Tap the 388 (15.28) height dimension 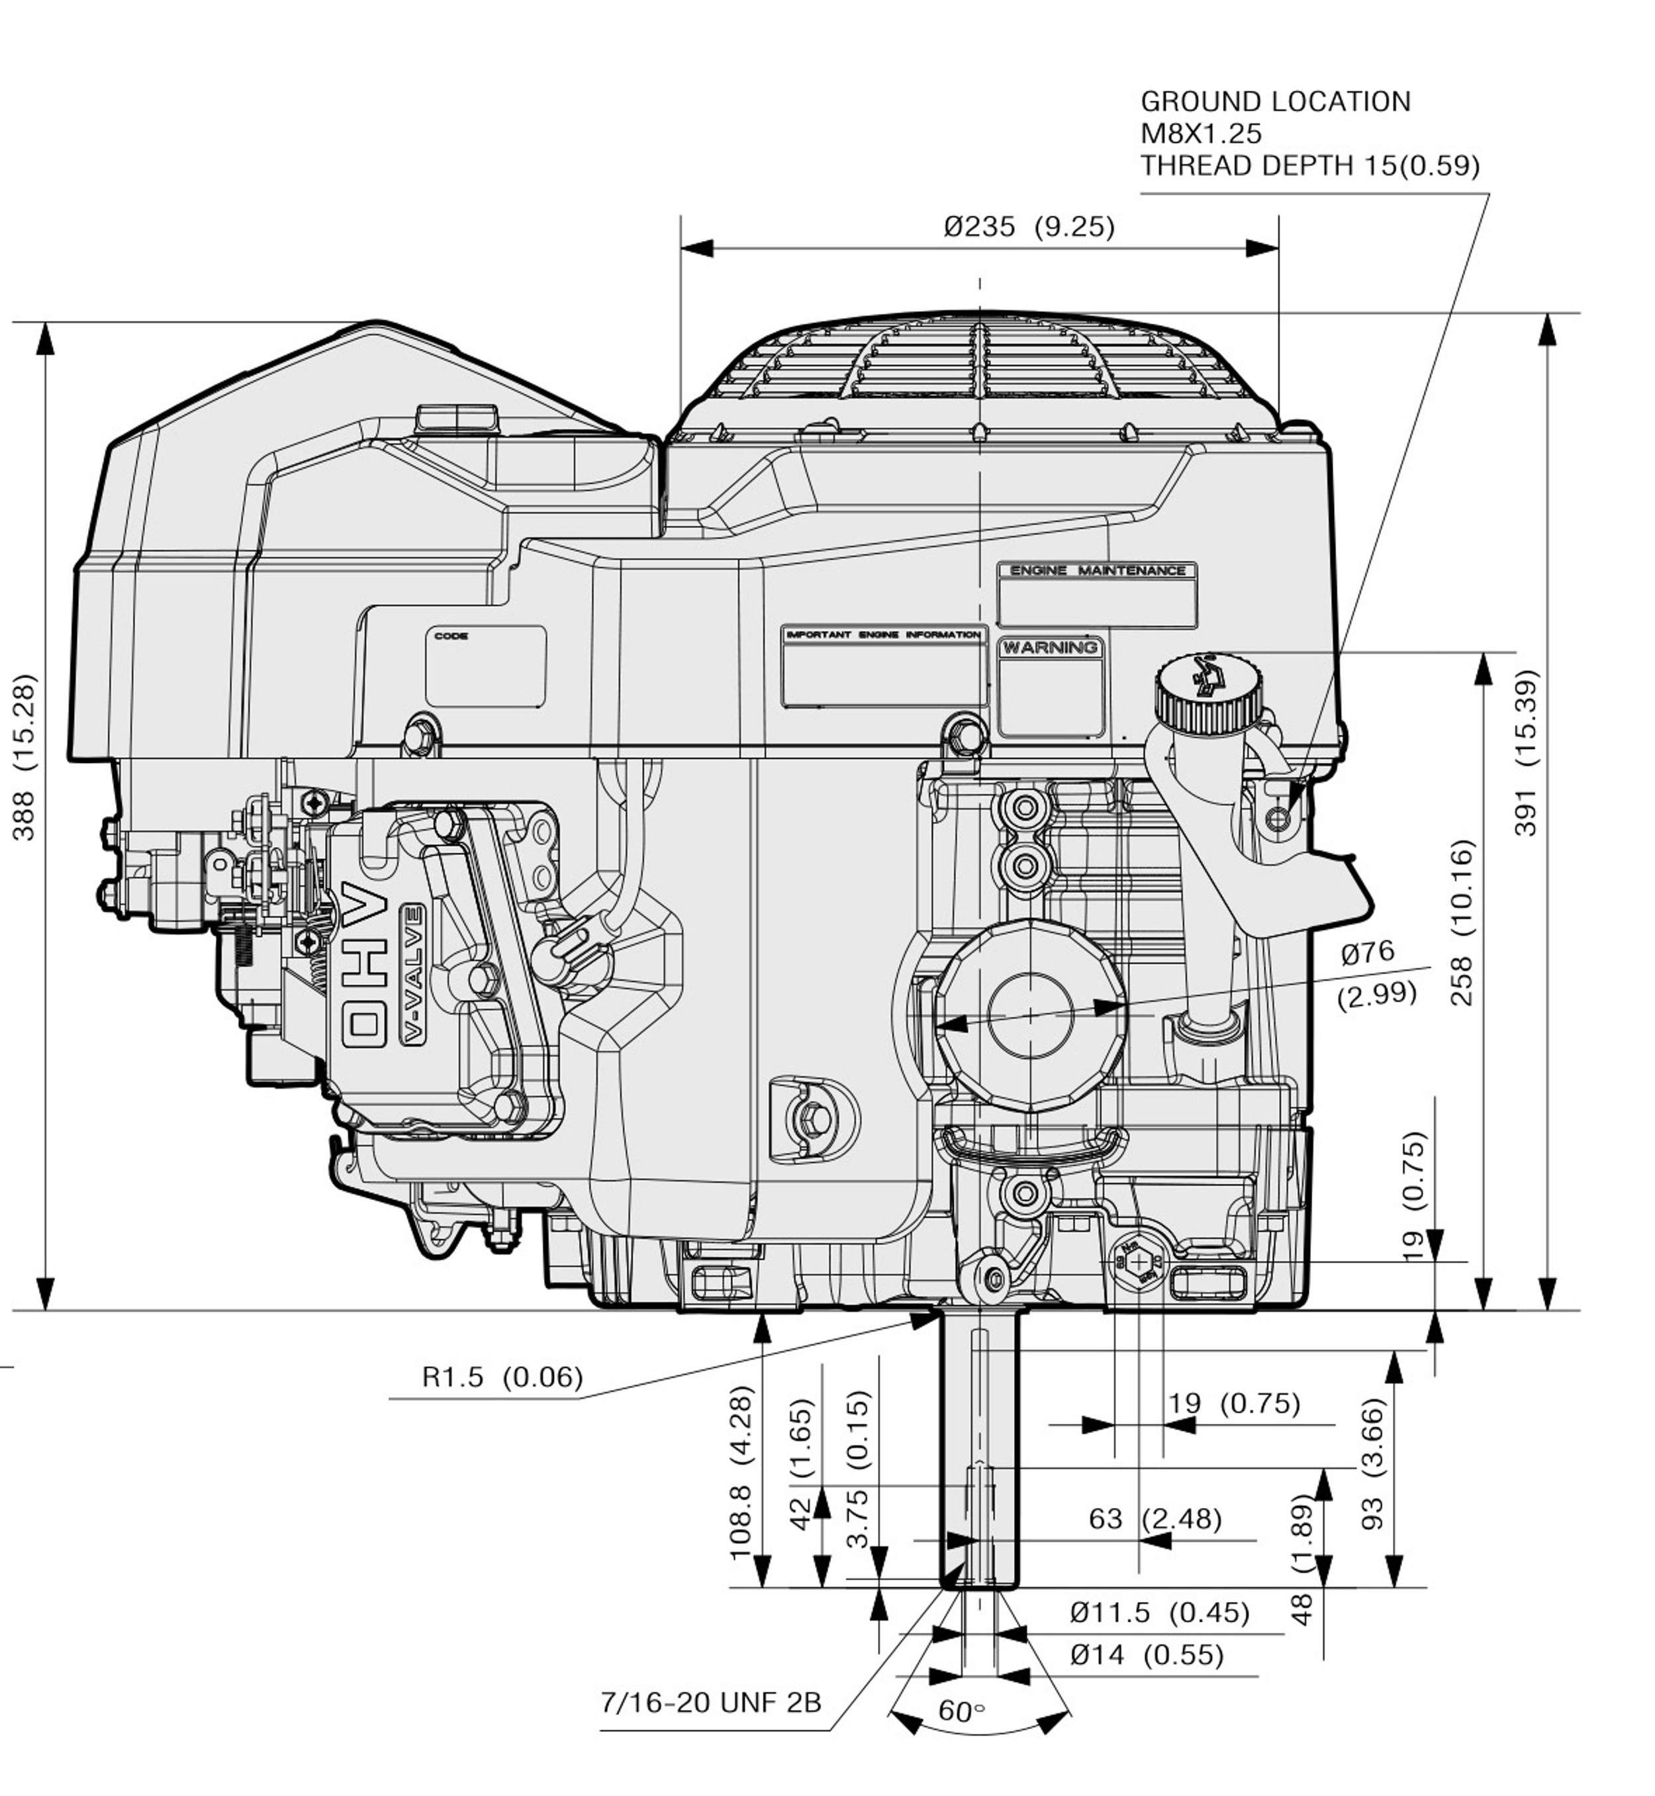pyautogui.click(x=25, y=757)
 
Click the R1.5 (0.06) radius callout pyautogui.click(x=502, y=1376)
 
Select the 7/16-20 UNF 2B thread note pyautogui.click(x=710, y=1702)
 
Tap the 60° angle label pyautogui.click(x=962, y=1712)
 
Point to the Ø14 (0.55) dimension pyautogui.click(x=1147, y=1654)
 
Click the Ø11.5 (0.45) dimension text pyautogui.click(x=1160, y=1613)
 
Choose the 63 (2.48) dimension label pyautogui.click(x=1155, y=1519)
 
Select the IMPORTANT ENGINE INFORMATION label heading pyautogui.click(x=883, y=634)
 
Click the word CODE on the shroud pyautogui.click(x=451, y=636)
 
